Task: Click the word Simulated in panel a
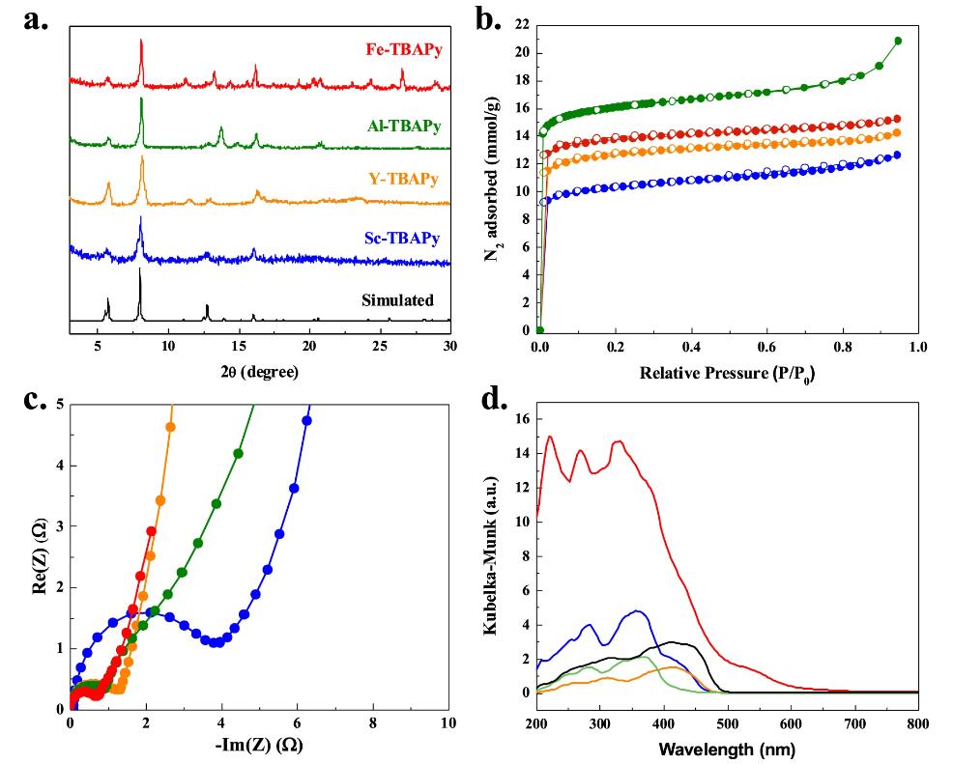(397, 300)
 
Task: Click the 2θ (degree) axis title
(259, 369)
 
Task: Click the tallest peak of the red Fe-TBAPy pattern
(141, 41)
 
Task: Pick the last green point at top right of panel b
(898, 41)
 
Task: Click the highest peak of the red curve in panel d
(550, 437)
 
